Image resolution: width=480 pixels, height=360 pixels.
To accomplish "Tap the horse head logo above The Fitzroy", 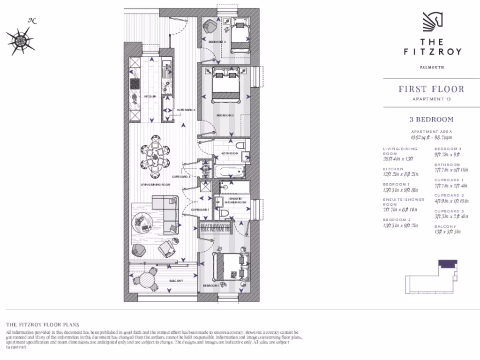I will pos(434,22).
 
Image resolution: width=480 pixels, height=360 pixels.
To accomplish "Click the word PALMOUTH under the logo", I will pos(432,67).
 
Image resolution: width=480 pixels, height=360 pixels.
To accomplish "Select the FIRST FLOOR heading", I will pos(431,89).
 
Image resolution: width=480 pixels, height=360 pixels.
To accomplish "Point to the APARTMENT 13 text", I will pos(432,99).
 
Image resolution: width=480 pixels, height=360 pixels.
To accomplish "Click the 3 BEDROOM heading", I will pos(432,120).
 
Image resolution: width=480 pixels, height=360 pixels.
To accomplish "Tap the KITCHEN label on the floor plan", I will pos(150,97).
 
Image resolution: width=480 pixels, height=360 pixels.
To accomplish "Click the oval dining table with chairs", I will pos(155,154).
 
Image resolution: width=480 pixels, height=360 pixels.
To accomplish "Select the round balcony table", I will pos(148,280).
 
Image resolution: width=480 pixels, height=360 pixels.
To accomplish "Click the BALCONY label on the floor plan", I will pos(176,281).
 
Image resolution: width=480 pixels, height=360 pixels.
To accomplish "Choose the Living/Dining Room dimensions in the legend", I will pos(398,158).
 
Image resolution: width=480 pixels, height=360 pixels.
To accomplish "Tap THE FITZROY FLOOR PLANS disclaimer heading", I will pos(42,324).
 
